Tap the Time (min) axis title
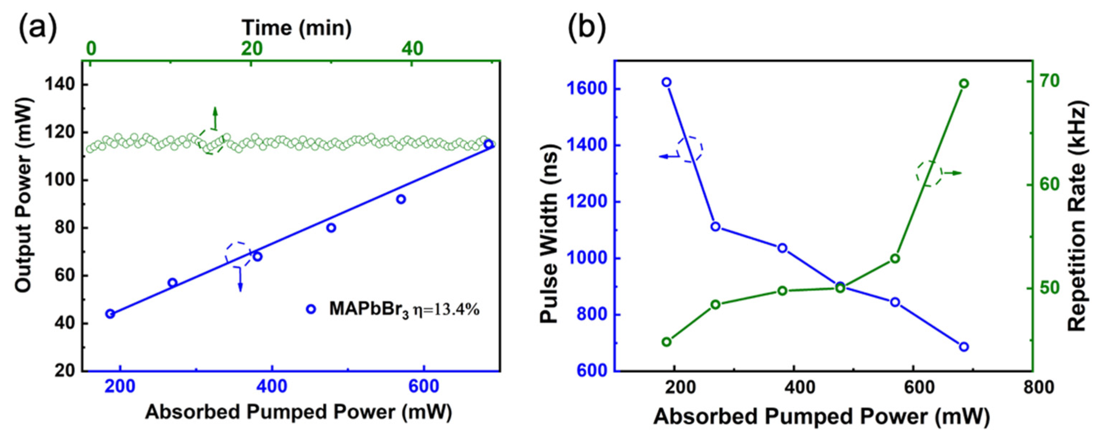[296, 28]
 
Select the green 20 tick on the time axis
[251, 49]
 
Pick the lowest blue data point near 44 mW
[110, 313]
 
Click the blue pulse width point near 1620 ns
[666, 82]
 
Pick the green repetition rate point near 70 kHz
[973, 83]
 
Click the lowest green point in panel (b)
[666, 342]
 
